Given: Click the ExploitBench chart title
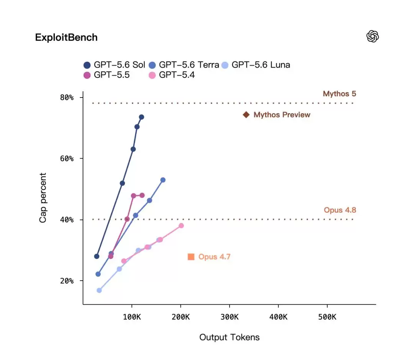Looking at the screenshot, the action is point(66,38).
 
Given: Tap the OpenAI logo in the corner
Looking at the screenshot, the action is point(373,36).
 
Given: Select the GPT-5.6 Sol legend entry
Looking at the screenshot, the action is point(114,65).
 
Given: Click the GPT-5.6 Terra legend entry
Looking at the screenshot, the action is point(184,65).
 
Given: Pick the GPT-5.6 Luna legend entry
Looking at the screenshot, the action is point(256,65).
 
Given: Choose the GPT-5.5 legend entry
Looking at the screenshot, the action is point(107,75).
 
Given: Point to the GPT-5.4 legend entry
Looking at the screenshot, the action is point(172,75).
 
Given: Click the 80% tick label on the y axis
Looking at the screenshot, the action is point(67,97).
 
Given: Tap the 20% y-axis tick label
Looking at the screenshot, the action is point(67,281).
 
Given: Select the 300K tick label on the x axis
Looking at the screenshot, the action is point(230,317).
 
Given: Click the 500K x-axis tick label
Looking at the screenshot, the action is point(327,317).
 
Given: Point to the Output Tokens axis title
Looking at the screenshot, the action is point(230,337).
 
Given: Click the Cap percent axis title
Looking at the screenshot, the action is point(43,198).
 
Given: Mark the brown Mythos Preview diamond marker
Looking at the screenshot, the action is point(246,115).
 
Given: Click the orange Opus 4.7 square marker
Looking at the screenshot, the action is point(191,257).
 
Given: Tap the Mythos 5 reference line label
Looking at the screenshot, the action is point(340,94).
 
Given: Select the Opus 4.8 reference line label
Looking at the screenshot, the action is point(340,210).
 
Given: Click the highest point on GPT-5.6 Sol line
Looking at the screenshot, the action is point(141,117).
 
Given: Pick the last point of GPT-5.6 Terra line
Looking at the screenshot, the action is point(163,180).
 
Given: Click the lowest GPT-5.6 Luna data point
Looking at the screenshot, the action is point(99,291).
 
